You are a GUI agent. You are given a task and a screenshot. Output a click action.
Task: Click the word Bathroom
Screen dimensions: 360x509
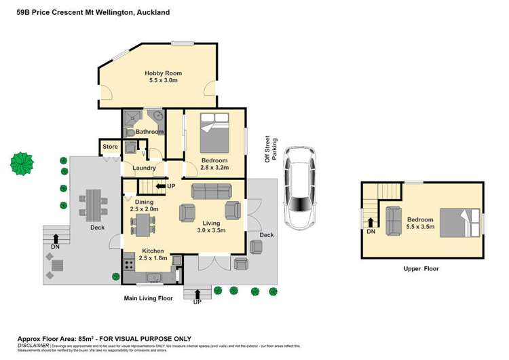click(x=149, y=132)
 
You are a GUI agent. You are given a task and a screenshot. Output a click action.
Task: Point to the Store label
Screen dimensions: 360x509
click(x=110, y=146)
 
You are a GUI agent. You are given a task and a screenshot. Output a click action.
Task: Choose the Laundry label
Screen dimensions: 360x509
click(x=145, y=168)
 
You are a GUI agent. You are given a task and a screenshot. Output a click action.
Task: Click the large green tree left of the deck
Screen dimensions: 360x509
click(x=22, y=163)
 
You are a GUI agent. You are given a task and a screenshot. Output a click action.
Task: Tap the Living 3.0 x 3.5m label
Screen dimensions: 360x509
click(x=219, y=226)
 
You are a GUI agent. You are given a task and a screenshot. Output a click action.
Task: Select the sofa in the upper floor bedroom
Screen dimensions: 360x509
click(x=393, y=219)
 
